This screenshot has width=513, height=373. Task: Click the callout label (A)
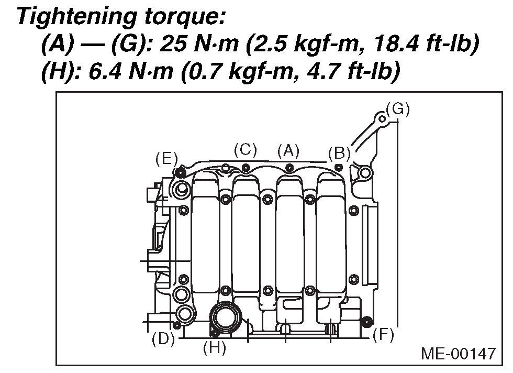pyautogui.click(x=288, y=151)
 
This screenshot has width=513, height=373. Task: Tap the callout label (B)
pyautogui.click(x=339, y=153)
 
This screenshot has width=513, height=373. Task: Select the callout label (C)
pyautogui.click(x=245, y=150)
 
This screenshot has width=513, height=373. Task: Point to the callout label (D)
pyautogui.click(x=163, y=339)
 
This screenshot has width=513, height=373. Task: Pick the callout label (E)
pyautogui.click(x=166, y=159)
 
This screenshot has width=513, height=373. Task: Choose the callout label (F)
pyautogui.click(x=383, y=335)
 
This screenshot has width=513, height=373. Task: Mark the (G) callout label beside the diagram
pyautogui.click(x=397, y=109)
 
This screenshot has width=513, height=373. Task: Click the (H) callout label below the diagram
pyautogui.click(x=214, y=348)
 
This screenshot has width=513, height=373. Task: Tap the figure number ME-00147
pyautogui.click(x=458, y=354)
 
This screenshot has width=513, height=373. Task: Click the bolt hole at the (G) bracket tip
pyautogui.click(x=383, y=119)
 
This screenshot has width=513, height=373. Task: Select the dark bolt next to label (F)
pyautogui.click(x=367, y=321)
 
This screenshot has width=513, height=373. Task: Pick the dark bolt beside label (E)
pyautogui.click(x=180, y=171)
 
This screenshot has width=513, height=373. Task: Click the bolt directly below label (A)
pyautogui.click(x=289, y=167)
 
